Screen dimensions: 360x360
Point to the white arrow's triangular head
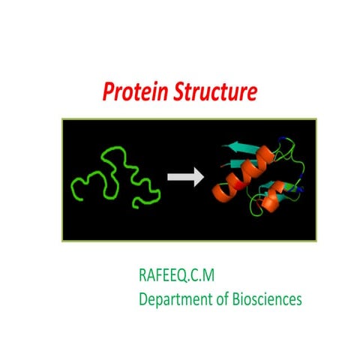(x=198, y=178)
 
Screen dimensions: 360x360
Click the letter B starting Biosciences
(x=236, y=299)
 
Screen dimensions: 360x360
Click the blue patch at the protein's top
(x=282, y=139)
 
